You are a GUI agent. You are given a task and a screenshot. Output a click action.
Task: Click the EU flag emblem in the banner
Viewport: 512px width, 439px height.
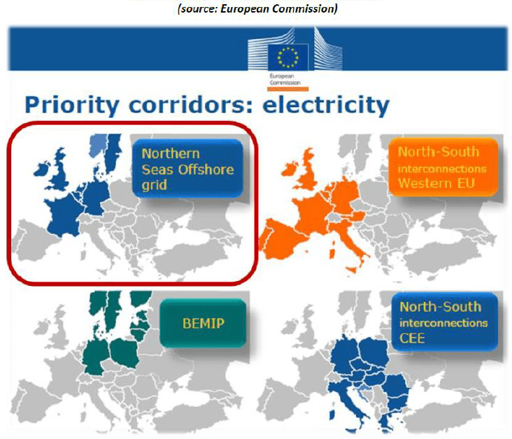point(287,57)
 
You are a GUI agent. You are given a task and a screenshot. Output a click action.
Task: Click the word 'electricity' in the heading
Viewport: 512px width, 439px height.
point(326,105)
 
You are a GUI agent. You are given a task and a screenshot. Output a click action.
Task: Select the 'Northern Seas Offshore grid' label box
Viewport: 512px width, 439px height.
point(187,168)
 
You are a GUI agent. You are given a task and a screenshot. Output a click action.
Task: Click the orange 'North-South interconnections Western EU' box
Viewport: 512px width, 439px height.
point(443,167)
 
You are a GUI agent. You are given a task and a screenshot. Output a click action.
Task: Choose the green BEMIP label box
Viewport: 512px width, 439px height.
point(203,323)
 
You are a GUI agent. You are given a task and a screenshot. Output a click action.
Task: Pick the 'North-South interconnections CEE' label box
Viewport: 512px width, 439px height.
point(444,322)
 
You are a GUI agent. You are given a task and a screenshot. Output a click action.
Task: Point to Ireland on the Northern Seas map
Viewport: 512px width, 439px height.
point(41,170)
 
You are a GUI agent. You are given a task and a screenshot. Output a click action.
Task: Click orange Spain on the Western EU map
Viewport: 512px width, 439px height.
point(283,239)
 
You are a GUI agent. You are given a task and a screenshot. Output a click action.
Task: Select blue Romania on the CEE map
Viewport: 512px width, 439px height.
point(397,386)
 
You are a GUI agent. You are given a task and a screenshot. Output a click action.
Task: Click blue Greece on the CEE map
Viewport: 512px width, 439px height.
point(387,421)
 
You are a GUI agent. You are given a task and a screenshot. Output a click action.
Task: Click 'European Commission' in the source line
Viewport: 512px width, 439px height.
point(278,8)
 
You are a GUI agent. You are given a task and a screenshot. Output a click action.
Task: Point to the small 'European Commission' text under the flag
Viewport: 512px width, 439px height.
point(285,79)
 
